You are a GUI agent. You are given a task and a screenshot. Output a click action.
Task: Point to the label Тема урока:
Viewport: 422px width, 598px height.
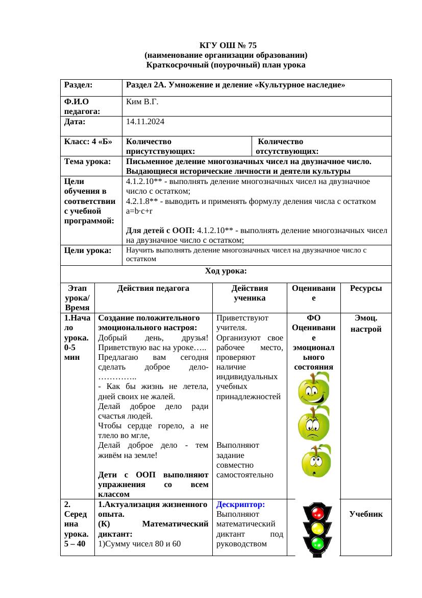click(88, 162)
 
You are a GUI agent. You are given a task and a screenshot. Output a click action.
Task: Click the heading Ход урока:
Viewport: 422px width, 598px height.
click(226, 270)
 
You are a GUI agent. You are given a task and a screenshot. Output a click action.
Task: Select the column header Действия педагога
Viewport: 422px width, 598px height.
click(153, 288)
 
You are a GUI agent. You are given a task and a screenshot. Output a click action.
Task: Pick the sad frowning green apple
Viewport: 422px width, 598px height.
click(314, 424)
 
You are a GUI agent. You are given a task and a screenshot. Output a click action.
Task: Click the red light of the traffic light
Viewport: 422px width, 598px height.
click(317, 513)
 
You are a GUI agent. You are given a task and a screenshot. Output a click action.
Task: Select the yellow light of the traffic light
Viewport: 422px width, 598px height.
click(317, 528)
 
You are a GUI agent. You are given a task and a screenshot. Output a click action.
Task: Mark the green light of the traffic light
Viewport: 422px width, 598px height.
click(317, 543)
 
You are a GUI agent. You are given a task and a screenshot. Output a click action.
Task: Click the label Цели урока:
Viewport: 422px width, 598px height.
click(88, 250)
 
